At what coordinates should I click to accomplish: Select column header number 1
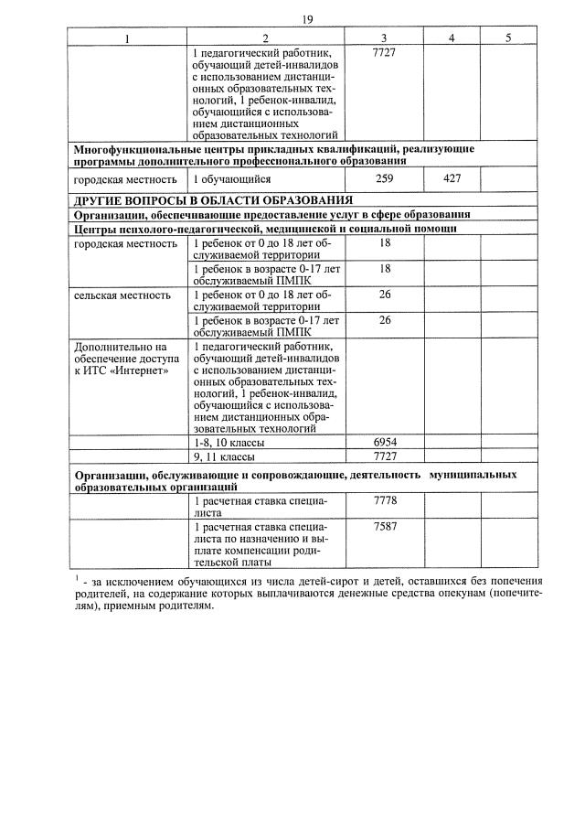pos(127,38)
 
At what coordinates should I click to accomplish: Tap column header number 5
pos(509,38)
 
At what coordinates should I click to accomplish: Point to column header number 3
pos(385,38)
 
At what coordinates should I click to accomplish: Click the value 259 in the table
pos(385,179)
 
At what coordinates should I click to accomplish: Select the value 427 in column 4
pos(452,179)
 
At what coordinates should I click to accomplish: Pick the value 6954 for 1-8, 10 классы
pos(385,442)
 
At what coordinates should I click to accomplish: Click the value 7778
pos(385,501)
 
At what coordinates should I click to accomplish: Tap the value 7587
pos(385,528)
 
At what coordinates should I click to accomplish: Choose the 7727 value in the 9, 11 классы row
pos(385,456)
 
